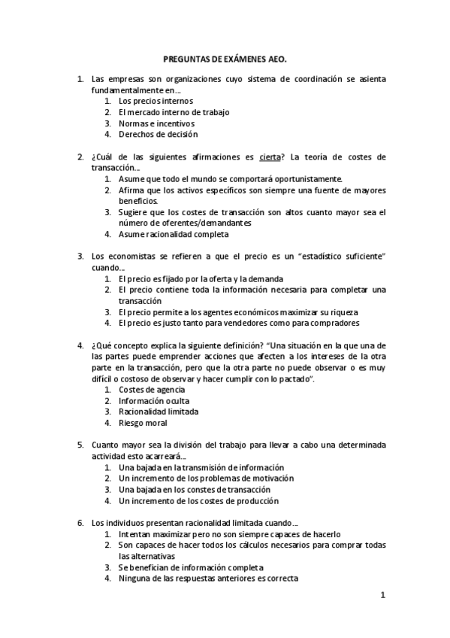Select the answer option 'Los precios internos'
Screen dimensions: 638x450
(x=156, y=101)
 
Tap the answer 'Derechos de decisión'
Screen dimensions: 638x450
(x=158, y=135)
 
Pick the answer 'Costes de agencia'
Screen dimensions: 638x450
(x=152, y=390)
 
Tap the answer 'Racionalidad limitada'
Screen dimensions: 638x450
(x=159, y=412)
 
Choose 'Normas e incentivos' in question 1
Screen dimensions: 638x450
(x=156, y=123)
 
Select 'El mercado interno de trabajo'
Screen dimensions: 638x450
(x=174, y=112)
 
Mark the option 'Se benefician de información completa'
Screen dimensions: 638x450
(x=192, y=567)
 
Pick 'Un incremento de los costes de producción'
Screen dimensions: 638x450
(x=198, y=500)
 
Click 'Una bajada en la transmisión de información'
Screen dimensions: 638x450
(x=201, y=467)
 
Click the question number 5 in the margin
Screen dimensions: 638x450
(x=80, y=445)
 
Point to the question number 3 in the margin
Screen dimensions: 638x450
(x=80, y=257)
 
